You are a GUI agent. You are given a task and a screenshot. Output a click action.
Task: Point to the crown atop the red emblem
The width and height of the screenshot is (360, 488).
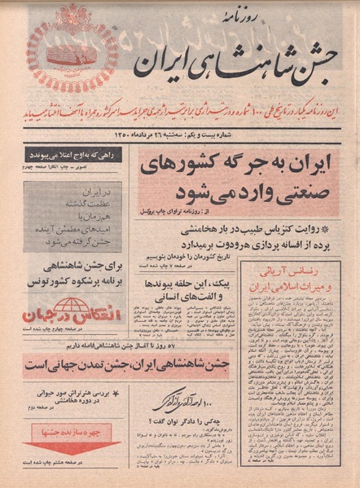pos(72,18)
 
